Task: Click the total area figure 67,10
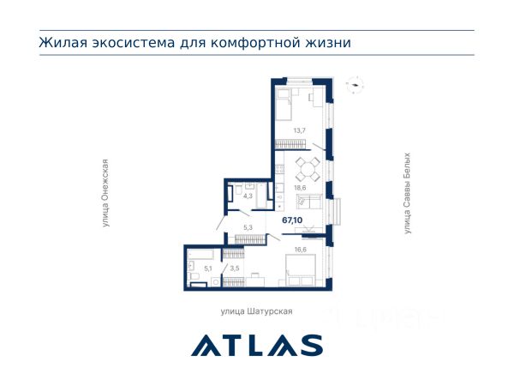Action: click(x=292, y=220)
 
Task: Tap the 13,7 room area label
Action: click(x=299, y=130)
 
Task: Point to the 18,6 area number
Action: click(x=300, y=188)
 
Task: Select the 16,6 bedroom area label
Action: click(x=301, y=250)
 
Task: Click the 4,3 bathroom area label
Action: click(x=248, y=196)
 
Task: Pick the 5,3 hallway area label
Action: click(x=248, y=227)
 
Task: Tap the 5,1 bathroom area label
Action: click(x=208, y=268)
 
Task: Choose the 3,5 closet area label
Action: click(x=235, y=268)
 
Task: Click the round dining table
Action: click(x=308, y=170)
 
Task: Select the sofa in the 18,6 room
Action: click(x=309, y=202)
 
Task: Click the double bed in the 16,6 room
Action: click(x=301, y=270)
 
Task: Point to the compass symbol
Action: click(x=355, y=85)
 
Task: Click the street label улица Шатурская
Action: click(x=256, y=311)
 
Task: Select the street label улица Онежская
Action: click(x=105, y=193)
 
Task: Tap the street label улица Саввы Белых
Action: click(x=407, y=193)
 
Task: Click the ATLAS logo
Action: click(x=257, y=346)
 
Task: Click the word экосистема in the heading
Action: click(x=133, y=43)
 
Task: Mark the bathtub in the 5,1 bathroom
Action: click(x=200, y=255)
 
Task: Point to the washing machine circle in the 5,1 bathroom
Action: click(x=216, y=282)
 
